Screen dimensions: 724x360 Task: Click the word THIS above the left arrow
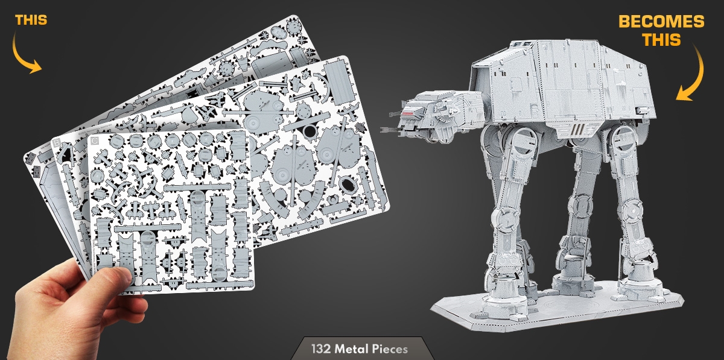pyautogui.click(x=31, y=20)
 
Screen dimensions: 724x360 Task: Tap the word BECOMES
pyautogui.click(x=661, y=22)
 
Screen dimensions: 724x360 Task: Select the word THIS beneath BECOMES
pyautogui.click(x=662, y=40)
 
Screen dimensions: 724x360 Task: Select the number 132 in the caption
pyautogui.click(x=321, y=349)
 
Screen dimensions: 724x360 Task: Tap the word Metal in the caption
pyautogui.click(x=352, y=349)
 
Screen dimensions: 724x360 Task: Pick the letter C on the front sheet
pyautogui.click(x=95, y=141)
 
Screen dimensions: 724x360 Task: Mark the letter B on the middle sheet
pyautogui.click(x=57, y=142)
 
